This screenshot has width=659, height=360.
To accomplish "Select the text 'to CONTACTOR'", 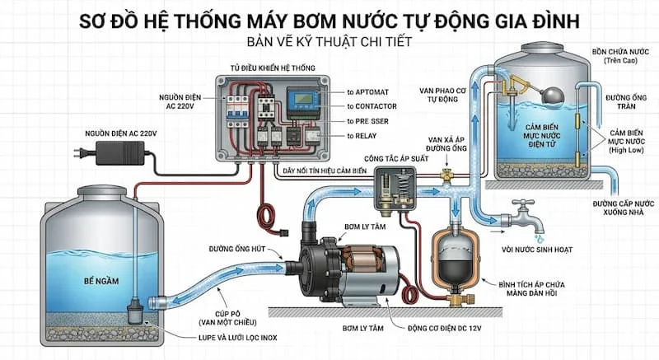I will point(372,106).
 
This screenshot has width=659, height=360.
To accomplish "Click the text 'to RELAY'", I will point(365,135).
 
